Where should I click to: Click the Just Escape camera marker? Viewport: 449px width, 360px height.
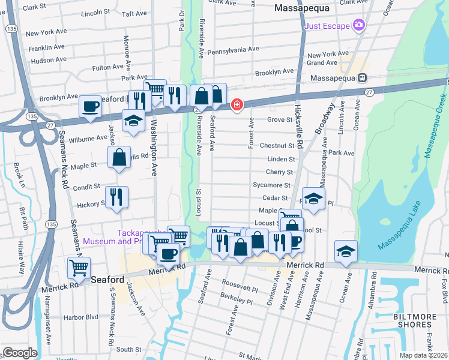click(x=359, y=25)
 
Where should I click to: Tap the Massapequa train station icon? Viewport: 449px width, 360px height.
click(x=363, y=78)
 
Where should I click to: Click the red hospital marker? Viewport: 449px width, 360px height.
click(x=237, y=105)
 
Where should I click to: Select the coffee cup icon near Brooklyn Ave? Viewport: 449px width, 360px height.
click(x=91, y=106)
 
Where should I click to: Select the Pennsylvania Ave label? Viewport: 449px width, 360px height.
click(x=233, y=51)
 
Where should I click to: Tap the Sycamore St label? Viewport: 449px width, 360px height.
click(x=271, y=185)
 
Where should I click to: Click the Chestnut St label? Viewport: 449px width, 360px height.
click(x=277, y=146)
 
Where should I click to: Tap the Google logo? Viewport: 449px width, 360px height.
click(x=20, y=352)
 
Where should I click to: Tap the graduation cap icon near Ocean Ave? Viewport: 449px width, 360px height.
click(x=346, y=250)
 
